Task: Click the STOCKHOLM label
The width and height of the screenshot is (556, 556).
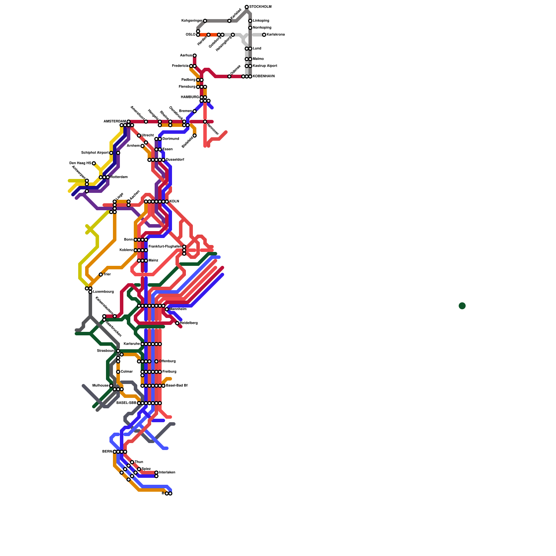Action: pos(260,7)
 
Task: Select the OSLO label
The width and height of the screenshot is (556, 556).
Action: pos(190,35)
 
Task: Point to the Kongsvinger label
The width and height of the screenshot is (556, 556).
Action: pos(192,21)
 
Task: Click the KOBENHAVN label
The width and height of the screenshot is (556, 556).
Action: pos(264,76)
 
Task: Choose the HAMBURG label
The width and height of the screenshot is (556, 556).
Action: pos(190,97)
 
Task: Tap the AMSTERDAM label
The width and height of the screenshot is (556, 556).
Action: pos(115,122)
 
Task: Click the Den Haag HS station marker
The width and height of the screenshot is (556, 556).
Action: pos(94,163)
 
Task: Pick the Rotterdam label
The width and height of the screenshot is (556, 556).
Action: pos(119,177)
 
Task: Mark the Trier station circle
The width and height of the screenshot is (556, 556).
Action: pos(101,275)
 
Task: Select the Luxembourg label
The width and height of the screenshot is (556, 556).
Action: pos(103,292)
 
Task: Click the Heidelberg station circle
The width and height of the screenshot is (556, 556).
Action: pos(177,323)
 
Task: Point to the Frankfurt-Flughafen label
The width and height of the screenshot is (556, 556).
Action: pos(165,247)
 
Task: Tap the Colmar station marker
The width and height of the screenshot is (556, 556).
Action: pos(118,372)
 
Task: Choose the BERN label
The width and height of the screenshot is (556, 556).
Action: pos(107,452)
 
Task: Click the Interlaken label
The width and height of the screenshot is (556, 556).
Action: pos(167,473)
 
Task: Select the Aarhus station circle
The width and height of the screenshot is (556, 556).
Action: pos(195,56)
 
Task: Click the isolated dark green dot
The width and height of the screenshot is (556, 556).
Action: pos(462,306)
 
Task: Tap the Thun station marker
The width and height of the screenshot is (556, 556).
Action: pos(132,462)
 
